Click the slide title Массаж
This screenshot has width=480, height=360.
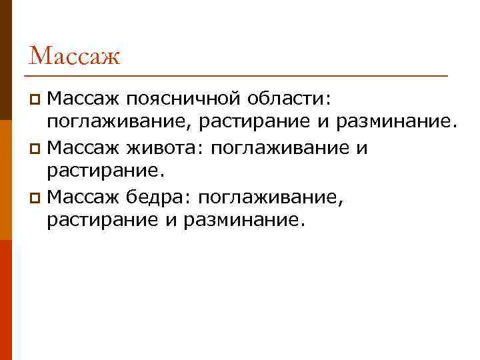coord(75,55)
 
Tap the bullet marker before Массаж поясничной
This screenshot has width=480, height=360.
coord(37,100)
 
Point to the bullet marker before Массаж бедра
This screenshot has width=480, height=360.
coord(37,197)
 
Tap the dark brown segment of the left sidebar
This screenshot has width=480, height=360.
coord(6,60)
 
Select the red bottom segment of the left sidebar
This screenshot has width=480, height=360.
coord(6,300)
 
